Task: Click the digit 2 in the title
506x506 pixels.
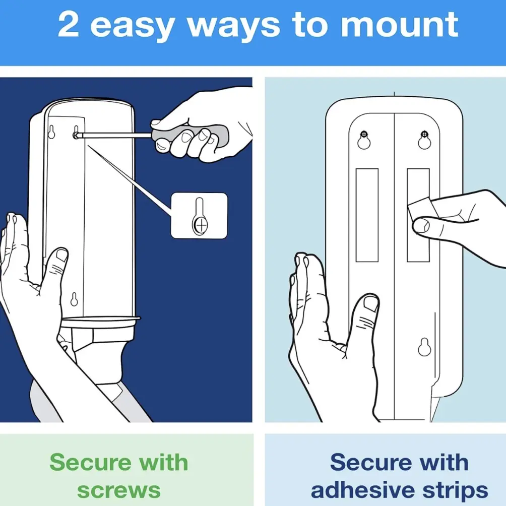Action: click(69, 24)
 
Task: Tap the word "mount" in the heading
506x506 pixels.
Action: click(399, 25)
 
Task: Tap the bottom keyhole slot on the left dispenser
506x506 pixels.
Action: click(74, 299)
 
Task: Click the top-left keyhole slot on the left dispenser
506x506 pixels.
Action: click(51, 132)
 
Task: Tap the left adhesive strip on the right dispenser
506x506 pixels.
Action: click(367, 215)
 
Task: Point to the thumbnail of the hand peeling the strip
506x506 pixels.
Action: click(421, 225)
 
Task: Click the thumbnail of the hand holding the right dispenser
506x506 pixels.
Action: click(371, 304)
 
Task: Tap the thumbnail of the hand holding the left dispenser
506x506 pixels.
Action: click(61, 255)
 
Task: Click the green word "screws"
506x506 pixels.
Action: click(119, 490)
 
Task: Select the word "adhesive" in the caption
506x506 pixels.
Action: click(363, 490)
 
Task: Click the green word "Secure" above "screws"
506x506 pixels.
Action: click(90, 462)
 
